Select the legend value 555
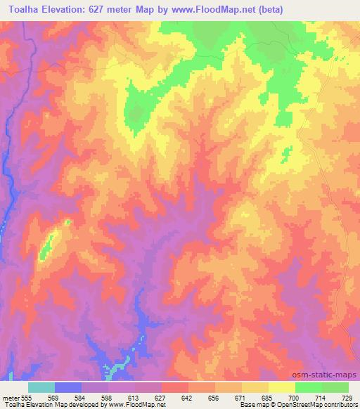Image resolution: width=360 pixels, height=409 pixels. [25, 397]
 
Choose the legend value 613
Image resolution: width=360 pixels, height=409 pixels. [134, 397]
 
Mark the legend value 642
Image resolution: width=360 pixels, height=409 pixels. [188, 397]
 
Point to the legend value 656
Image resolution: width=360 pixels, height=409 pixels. [214, 397]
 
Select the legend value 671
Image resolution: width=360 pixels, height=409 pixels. [241, 397]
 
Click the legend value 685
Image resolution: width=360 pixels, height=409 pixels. [268, 397]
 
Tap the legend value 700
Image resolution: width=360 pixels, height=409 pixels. [295, 397]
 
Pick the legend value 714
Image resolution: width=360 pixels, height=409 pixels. [321, 397]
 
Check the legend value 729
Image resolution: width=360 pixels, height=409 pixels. [348, 397]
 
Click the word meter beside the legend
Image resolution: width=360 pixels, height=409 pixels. [9, 397]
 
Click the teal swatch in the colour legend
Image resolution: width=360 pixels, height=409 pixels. [41, 387]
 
